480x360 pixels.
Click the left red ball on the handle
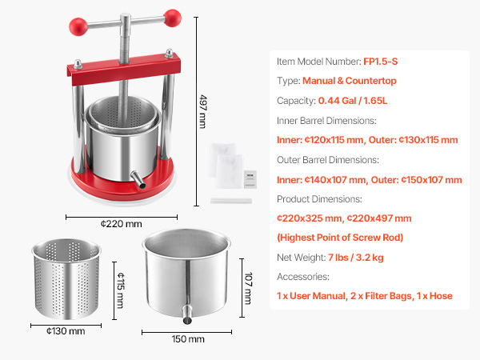[78, 26]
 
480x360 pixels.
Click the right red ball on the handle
[172, 18]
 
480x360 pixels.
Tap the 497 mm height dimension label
[202, 111]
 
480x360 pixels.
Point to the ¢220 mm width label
[122, 224]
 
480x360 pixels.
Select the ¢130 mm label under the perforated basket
[66, 331]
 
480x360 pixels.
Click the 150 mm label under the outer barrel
[188, 339]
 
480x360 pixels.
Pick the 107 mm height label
[248, 288]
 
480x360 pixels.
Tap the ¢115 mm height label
[121, 290]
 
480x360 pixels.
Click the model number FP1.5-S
[381, 62]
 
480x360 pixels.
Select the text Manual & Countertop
[350, 81]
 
